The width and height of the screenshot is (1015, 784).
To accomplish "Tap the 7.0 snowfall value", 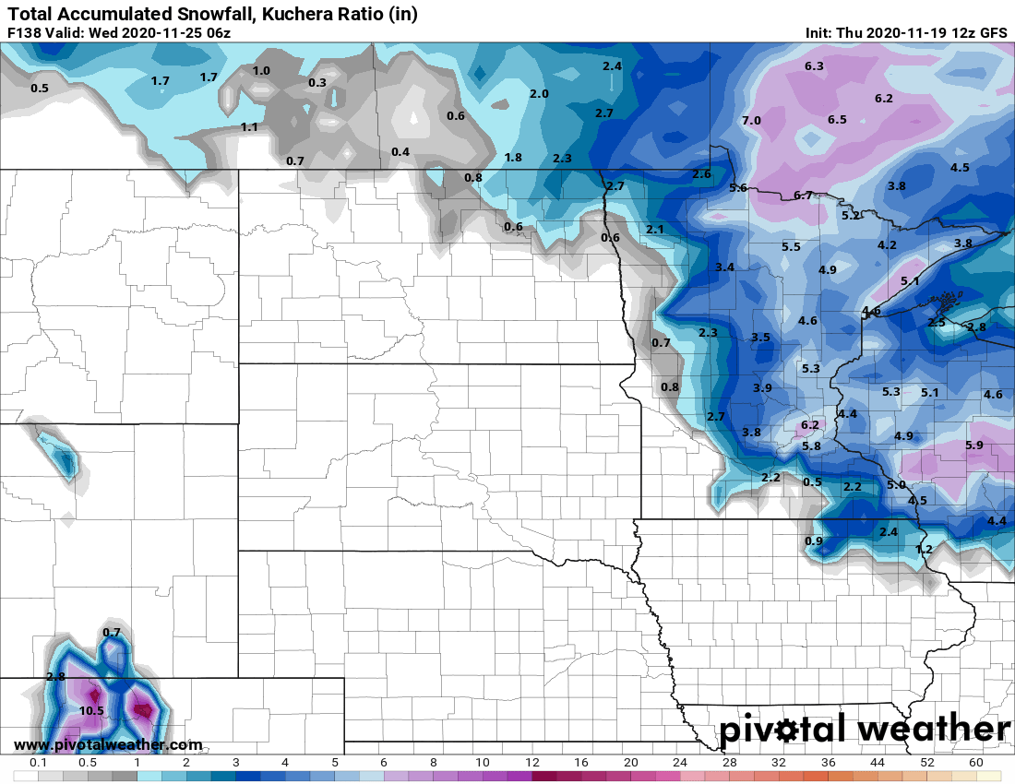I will click(x=751, y=121).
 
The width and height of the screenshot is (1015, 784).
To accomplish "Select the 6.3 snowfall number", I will click(x=814, y=65).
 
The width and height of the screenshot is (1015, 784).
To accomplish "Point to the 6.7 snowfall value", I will click(x=803, y=196).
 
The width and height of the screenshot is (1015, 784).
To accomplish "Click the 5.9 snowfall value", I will click(x=973, y=445).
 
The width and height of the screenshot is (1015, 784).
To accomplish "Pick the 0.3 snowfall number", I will click(x=316, y=83).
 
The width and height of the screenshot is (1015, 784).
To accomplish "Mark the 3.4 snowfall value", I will click(x=724, y=267).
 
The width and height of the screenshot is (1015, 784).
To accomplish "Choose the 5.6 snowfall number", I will click(x=737, y=188).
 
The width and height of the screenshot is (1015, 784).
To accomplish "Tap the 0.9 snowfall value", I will click(x=814, y=540).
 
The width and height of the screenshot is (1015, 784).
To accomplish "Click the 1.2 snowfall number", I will click(x=924, y=550).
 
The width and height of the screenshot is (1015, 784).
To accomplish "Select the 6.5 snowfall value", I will click(x=837, y=120).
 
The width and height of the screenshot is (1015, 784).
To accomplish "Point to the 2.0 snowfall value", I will click(x=539, y=94).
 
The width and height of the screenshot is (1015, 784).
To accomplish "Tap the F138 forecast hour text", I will click(x=23, y=32).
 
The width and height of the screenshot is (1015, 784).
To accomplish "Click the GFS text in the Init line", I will click(x=993, y=32).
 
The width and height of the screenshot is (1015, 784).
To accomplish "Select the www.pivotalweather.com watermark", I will click(x=108, y=744).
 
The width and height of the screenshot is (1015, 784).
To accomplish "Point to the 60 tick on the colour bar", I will click(x=975, y=764).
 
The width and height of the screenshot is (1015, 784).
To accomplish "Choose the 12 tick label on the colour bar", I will click(x=531, y=764).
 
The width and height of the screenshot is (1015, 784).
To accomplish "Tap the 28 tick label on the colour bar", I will click(x=729, y=764).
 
